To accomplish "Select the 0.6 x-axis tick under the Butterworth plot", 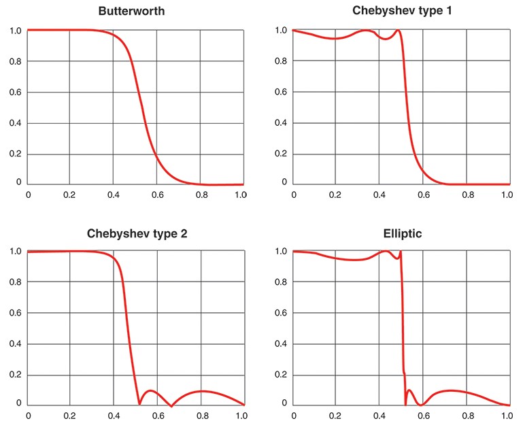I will click(157, 195).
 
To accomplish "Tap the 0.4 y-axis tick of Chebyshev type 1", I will click(280, 123).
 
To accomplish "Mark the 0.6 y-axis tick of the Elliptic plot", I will click(280, 313).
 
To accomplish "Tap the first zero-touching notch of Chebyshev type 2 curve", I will click(139, 403).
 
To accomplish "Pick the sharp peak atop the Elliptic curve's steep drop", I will click(400, 252).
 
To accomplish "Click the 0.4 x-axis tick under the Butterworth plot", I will click(113, 195).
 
